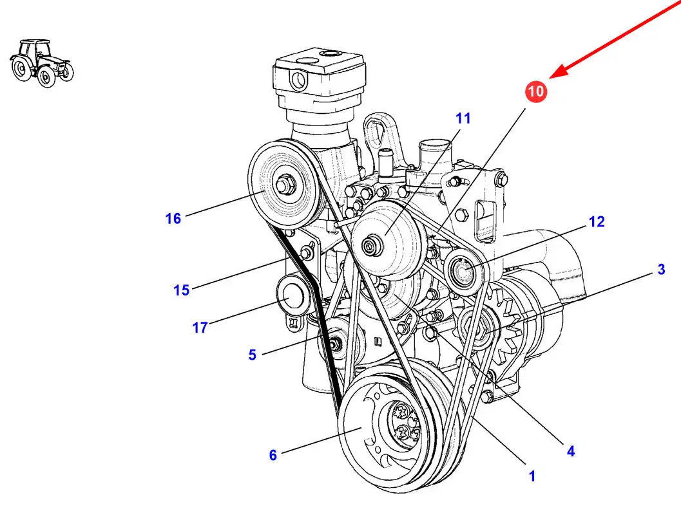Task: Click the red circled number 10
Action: (536, 91)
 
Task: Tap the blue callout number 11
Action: (463, 118)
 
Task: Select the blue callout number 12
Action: (597, 222)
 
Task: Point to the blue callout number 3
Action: (661, 269)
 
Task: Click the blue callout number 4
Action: (571, 451)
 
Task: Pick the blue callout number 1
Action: (532, 476)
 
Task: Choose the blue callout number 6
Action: (273, 455)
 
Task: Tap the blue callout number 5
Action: (253, 355)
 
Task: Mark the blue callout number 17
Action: (200, 327)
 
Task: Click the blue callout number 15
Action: (182, 290)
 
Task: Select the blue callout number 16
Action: (173, 218)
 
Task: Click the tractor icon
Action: (42, 63)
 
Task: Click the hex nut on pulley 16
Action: (285, 184)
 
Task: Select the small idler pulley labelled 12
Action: (464, 272)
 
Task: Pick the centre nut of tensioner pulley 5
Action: (334, 344)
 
